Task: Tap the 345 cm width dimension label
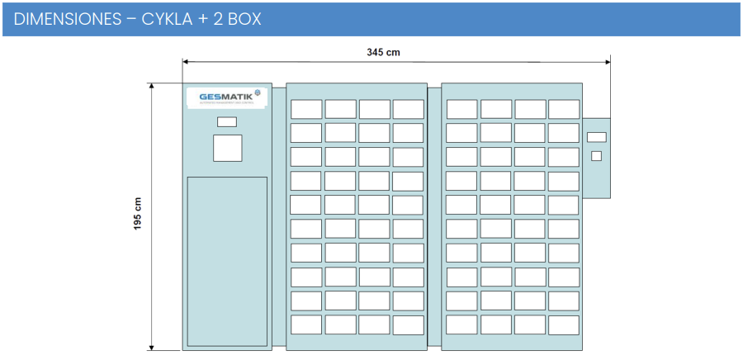[383, 52]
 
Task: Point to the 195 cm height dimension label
[138, 214]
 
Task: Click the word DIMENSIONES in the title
[67, 19]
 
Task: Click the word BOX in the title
[243, 19]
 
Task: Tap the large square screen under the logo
[227, 147]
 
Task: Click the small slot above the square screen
[226, 121]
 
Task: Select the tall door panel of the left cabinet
[227, 260]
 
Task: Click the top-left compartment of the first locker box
[306, 109]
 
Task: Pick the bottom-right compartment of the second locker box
[564, 324]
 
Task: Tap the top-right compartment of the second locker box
[564, 109]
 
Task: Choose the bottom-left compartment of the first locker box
[306, 324]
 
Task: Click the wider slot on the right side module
[596, 137]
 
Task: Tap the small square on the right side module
[596, 155]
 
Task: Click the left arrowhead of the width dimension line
[185, 60]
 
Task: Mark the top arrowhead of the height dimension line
[152, 87]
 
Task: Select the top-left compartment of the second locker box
[461, 109]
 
